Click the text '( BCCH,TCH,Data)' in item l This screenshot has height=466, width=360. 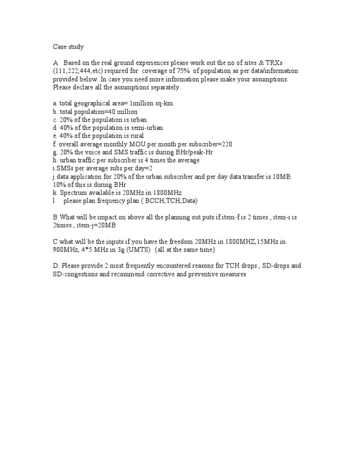tap(171, 201)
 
